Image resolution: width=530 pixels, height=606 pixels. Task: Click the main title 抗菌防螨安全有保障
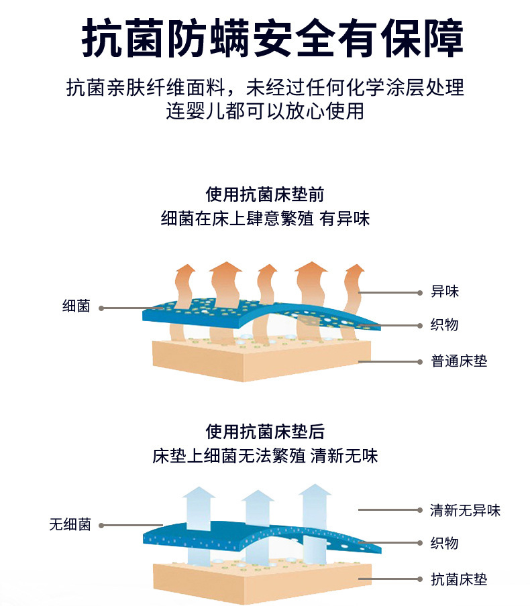(265, 39)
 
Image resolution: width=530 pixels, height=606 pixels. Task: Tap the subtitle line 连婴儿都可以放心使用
(265, 110)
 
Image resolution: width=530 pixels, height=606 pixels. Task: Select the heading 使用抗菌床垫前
(265, 194)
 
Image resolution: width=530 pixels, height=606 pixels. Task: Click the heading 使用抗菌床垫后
(265, 431)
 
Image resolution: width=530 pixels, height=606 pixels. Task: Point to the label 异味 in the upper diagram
(445, 292)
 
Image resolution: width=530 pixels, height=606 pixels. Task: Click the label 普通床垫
(459, 361)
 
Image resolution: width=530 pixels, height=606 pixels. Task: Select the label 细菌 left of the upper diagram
(76, 308)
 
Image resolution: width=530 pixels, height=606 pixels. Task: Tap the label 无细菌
(69, 525)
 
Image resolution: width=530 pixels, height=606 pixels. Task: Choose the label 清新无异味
(465, 510)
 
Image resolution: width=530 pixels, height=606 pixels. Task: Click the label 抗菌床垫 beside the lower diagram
(459, 579)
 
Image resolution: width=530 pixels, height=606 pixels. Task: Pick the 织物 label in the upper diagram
(445, 324)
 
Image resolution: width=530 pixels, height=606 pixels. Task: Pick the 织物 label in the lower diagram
(445, 543)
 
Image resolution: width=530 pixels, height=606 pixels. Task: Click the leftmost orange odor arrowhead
(184, 271)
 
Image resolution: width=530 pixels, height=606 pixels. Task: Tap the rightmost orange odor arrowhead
(354, 272)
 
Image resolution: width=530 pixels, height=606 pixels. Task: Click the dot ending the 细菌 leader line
(101, 308)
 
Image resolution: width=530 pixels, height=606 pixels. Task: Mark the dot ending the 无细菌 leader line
(101, 526)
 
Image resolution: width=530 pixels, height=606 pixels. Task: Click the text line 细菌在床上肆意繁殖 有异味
(265, 219)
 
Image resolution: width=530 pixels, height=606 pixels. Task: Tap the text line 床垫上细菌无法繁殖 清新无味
(265, 456)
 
